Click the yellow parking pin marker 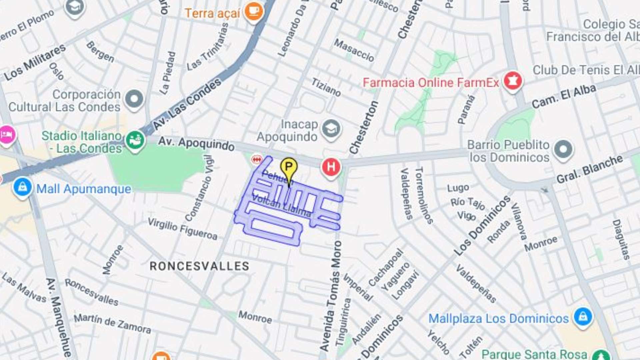coord(289,167)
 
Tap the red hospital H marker coord(331,167)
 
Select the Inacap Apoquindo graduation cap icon coord(331,129)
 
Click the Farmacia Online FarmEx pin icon coord(513,81)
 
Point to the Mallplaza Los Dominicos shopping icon coord(583,316)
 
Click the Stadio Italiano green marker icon coord(135,140)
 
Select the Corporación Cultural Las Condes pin coord(134,99)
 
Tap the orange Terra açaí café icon coord(254,11)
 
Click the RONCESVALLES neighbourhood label coord(199,266)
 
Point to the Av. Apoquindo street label coord(196,143)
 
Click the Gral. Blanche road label coord(589,169)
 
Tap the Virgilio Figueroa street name coord(182,229)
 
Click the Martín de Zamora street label coord(112,323)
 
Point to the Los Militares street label coord(35,62)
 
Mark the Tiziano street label coord(326,87)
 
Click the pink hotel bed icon coord(6,135)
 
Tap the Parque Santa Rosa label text coord(534,354)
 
